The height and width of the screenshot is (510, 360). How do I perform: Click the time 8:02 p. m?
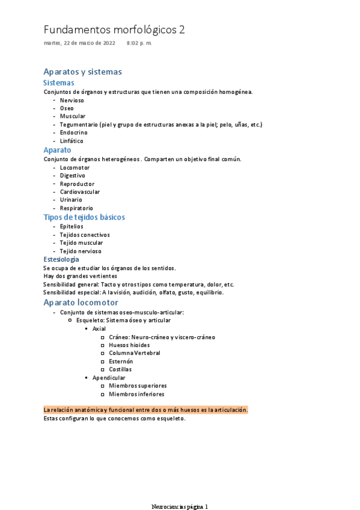(x=139, y=43)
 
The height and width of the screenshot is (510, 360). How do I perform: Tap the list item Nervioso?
(x=72, y=100)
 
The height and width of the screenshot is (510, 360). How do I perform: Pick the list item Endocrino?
(x=73, y=132)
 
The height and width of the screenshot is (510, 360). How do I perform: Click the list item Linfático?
(x=72, y=141)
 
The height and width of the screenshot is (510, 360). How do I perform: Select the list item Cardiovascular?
(x=79, y=192)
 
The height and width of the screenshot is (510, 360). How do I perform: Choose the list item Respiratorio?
(x=76, y=208)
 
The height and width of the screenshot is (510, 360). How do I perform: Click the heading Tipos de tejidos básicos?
(x=84, y=217)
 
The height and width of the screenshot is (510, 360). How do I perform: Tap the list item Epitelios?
(x=72, y=227)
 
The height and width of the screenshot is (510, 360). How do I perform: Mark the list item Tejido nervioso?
(x=81, y=251)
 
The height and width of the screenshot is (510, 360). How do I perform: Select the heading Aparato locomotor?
(x=81, y=303)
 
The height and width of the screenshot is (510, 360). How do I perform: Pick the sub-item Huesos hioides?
(x=129, y=345)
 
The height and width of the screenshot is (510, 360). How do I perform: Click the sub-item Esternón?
(x=121, y=361)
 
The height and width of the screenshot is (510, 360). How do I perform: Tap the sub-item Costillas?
(x=120, y=369)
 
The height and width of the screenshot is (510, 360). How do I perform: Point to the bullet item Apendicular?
(x=109, y=378)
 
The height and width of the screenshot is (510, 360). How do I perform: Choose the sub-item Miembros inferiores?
(x=136, y=394)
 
